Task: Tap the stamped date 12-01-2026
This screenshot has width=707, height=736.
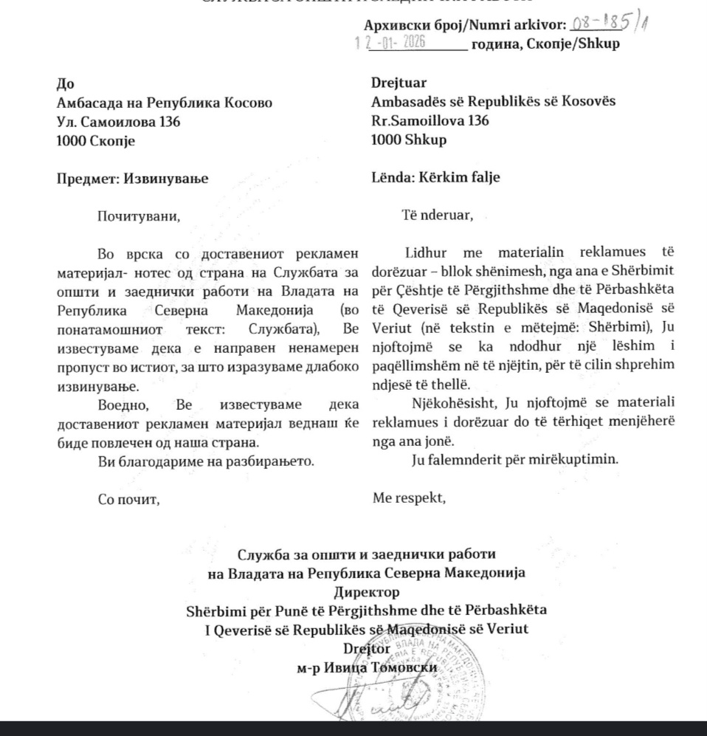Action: [x=395, y=43]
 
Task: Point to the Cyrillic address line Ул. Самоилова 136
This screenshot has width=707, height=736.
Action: [x=118, y=121]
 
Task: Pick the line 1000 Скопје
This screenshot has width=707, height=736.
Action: [x=96, y=140]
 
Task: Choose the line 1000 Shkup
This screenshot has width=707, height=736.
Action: [x=410, y=140]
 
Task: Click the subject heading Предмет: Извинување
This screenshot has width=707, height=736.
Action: [x=133, y=178]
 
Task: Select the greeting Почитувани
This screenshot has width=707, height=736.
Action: [x=139, y=216]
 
